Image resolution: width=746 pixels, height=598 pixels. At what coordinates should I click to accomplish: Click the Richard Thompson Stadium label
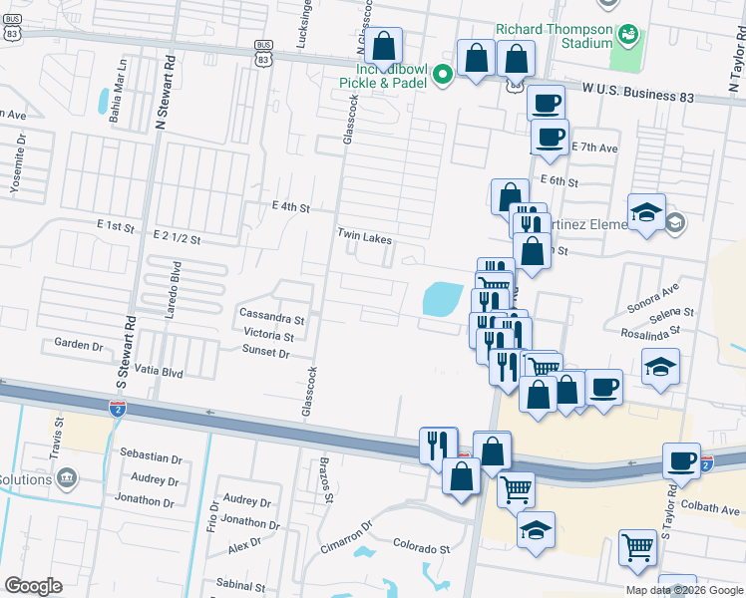pyautogui.click(x=554, y=36)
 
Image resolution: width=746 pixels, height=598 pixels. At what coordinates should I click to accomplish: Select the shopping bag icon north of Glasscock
pyautogui.click(x=383, y=46)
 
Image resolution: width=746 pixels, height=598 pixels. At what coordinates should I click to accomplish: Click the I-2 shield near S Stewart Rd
pyautogui.click(x=117, y=407)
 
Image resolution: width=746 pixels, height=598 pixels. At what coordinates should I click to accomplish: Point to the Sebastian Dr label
pyautogui.click(x=151, y=459)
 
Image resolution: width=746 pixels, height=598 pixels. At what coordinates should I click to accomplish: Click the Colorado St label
pyautogui.click(x=422, y=548)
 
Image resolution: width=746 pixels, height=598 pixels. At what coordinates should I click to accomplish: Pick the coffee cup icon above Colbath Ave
pyautogui.click(x=682, y=460)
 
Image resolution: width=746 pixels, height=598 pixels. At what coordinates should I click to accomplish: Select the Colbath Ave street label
pyautogui.click(x=713, y=508)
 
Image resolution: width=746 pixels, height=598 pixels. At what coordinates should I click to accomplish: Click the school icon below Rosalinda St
pyautogui.click(x=660, y=368)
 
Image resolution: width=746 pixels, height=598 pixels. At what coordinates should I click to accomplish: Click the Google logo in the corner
pyautogui.click(x=32, y=586)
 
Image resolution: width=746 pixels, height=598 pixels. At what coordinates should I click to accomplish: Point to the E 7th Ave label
pyautogui.click(x=595, y=148)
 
